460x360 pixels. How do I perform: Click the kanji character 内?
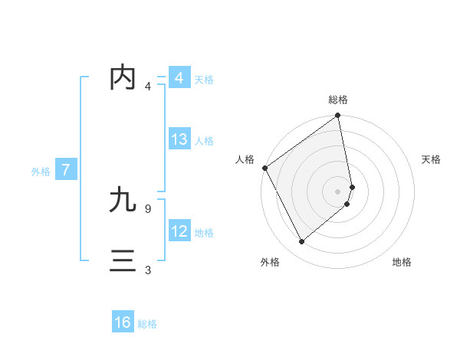[x=123, y=78]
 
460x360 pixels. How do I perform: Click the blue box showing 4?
[x=179, y=78]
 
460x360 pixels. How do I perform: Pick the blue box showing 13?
[x=179, y=139]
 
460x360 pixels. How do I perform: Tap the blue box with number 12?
[x=179, y=231]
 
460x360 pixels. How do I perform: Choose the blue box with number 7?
[x=66, y=170]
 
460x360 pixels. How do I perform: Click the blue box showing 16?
[x=123, y=322]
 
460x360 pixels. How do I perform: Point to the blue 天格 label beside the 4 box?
[x=204, y=80]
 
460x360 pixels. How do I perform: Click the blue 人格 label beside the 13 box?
[x=204, y=141]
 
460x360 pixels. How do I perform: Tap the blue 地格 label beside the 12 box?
[x=204, y=232]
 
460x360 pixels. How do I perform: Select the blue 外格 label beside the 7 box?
[x=41, y=172]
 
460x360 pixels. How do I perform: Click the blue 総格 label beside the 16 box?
[x=147, y=324]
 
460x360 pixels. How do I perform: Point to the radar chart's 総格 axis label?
[x=338, y=100]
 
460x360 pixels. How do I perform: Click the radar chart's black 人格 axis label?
[x=245, y=159]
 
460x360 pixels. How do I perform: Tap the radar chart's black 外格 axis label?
[x=269, y=262]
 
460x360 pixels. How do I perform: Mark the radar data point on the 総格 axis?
[x=338, y=116]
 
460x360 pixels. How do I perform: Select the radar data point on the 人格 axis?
[x=265, y=168]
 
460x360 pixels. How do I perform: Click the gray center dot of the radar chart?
[x=338, y=191]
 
